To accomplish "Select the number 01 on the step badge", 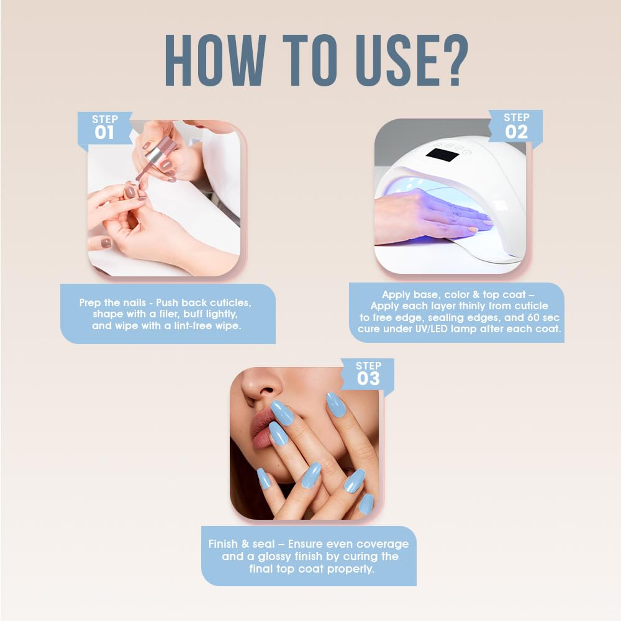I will coord(104,132).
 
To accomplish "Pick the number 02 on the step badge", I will coord(516,131).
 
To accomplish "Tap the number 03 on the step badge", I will coord(368,378).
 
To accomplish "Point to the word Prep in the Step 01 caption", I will coord(90,302).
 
